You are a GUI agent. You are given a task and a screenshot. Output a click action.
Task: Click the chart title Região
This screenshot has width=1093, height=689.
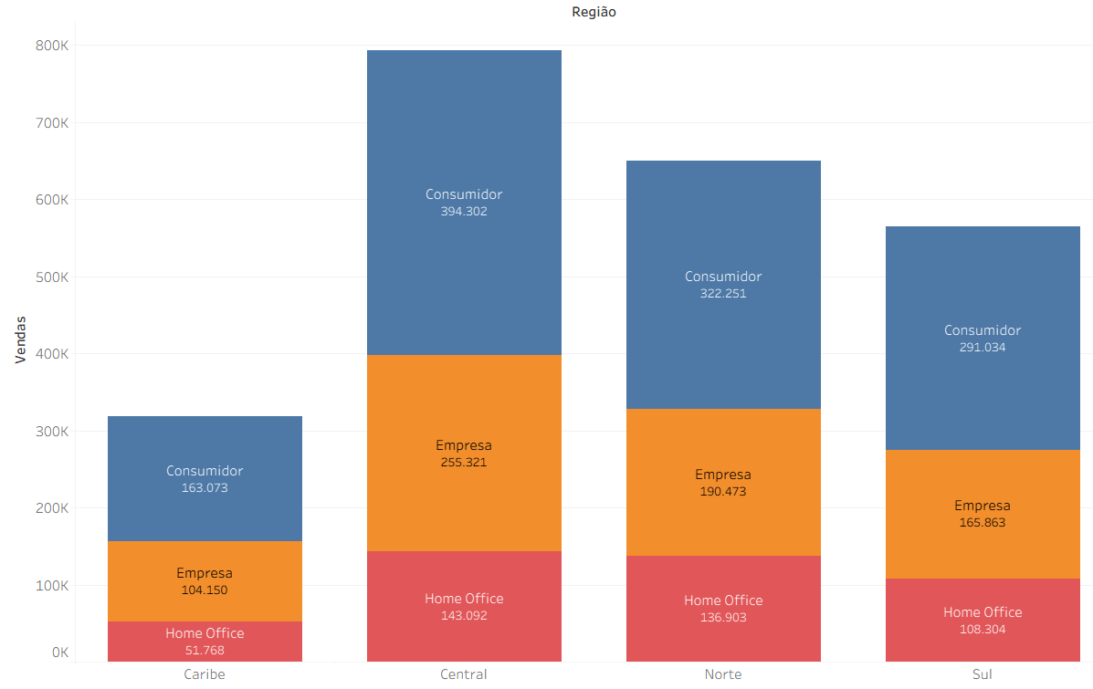coord(594,12)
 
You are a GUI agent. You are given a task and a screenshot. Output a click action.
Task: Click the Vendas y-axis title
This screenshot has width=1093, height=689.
coord(20,340)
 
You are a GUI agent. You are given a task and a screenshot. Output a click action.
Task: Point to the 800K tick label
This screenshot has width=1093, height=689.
coord(52,46)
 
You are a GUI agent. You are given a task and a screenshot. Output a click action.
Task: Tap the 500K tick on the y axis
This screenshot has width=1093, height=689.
coord(52,277)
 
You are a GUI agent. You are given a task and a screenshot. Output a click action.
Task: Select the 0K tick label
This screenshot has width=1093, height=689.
coord(60,652)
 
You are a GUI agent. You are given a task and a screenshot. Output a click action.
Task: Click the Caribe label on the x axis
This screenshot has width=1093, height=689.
coord(205,674)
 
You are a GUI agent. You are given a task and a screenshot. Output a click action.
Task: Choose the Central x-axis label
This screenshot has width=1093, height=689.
coord(464,674)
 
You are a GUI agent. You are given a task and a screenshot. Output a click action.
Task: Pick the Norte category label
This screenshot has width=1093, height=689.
coord(723,674)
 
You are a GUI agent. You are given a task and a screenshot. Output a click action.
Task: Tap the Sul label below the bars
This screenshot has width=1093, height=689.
coord(983,674)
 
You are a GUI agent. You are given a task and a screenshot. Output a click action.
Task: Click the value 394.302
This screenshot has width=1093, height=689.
coord(464,212)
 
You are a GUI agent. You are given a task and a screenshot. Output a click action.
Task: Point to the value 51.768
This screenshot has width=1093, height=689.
coord(205,651)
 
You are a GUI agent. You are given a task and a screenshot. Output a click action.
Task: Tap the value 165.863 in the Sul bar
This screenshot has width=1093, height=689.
coord(983,523)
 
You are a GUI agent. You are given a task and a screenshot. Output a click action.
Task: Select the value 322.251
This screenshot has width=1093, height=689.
coord(723,294)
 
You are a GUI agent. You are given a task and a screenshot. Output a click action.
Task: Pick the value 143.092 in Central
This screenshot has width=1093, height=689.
coord(464,616)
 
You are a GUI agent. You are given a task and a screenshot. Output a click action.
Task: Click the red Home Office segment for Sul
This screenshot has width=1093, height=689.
coord(983,639)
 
